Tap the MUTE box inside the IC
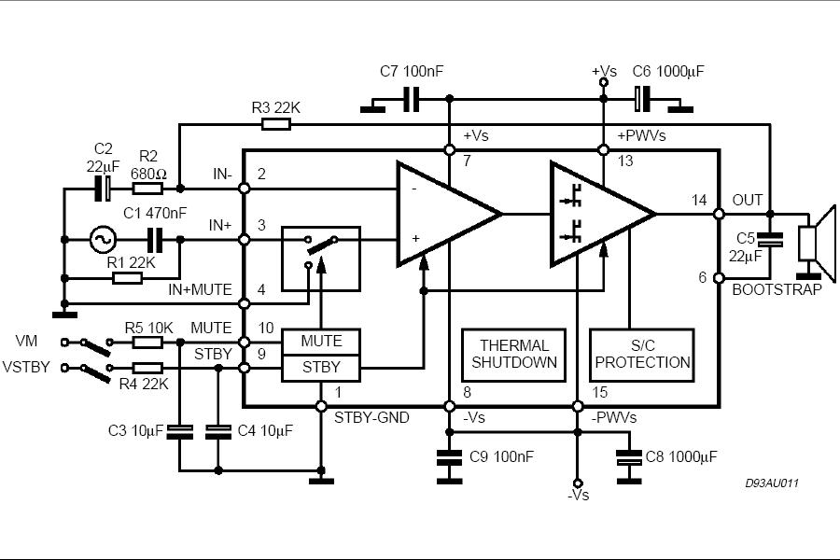321,342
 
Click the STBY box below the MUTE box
321,368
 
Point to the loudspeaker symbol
817,243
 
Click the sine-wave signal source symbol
103,240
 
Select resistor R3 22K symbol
276,125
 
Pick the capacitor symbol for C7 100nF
411,99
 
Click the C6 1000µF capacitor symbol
642,99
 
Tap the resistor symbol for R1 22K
128,278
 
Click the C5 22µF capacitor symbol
770,240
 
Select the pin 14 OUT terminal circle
719,214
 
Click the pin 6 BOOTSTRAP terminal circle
719,278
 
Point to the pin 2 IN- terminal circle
245,189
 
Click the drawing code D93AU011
772,483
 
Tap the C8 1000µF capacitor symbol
629,458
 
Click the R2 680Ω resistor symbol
147,189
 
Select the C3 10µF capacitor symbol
179,432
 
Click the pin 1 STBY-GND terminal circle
321,406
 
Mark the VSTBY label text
26,367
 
